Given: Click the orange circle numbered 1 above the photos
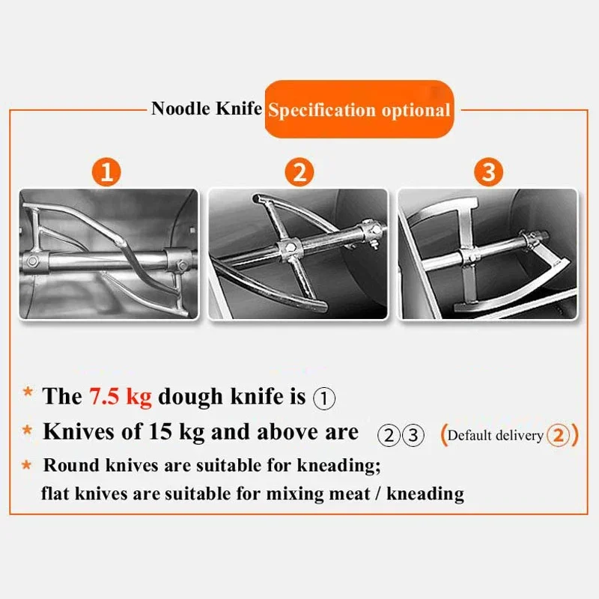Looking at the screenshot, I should pyautogui.click(x=109, y=172).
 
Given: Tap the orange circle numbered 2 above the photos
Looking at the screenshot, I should pyautogui.click(x=299, y=172).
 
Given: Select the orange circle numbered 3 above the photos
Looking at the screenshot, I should pyautogui.click(x=488, y=172).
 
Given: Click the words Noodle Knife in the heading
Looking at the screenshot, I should pyautogui.click(x=207, y=109).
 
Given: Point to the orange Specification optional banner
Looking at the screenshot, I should pyautogui.click(x=359, y=110).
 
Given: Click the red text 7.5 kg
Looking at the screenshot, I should pyautogui.click(x=121, y=396).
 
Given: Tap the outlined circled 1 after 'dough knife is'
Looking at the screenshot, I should pyautogui.click(x=323, y=398).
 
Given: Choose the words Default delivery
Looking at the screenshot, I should pyautogui.click(x=494, y=435).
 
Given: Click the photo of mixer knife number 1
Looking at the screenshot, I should pyautogui.click(x=109, y=254).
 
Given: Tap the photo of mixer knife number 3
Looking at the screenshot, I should pyautogui.click(x=488, y=254).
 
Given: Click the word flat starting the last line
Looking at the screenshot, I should pyautogui.click(x=57, y=493).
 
